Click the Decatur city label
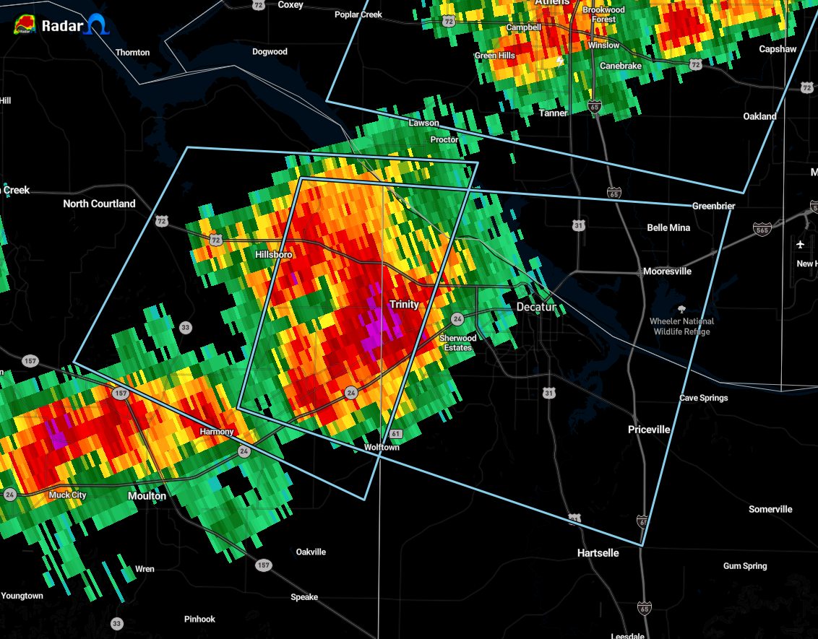point(536,307)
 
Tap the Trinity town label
point(404,305)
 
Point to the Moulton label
point(147,496)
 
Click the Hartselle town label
point(598,552)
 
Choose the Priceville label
point(649,430)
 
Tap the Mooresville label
point(668,271)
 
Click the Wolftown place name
point(382,448)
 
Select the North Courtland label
point(99,204)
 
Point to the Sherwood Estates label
point(457,343)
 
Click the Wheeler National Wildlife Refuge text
point(681,326)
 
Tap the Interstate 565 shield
point(762,229)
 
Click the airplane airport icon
point(800,243)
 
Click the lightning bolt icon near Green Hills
point(559,61)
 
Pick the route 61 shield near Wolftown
point(395,433)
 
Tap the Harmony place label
point(217,432)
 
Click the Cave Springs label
point(704,398)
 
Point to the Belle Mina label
point(668,227)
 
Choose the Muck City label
point(68,495)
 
